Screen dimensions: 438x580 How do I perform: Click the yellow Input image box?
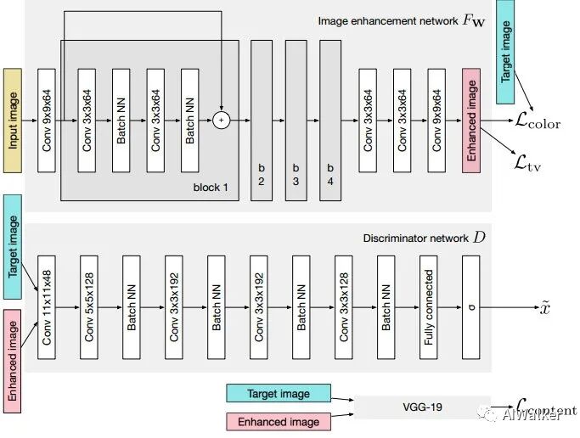(x=14, y=120)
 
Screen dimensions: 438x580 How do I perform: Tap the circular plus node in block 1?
(x=222, y=120)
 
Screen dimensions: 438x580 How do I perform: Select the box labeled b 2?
(x=262, y=120)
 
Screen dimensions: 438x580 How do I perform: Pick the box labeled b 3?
(x=296, y=120)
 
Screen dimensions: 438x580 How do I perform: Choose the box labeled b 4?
(x=329, y=120)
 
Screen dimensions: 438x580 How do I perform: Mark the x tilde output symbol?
(x=546, y=307)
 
